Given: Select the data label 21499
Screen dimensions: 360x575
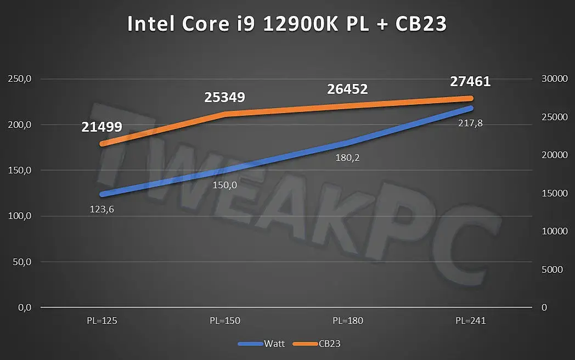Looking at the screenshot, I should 102,127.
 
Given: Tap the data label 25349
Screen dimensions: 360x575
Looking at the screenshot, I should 224,98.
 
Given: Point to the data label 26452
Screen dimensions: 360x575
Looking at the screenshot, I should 347,89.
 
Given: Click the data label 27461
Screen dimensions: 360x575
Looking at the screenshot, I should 470,82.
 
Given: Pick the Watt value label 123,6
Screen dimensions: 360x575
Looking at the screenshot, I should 103,209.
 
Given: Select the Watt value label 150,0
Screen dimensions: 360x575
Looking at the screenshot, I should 225,185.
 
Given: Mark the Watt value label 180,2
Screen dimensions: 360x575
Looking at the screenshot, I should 347,158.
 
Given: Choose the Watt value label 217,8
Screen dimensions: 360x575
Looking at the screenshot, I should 470,123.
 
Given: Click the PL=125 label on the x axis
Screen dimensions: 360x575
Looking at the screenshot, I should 102,320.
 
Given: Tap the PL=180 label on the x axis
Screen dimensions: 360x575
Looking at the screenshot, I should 347,320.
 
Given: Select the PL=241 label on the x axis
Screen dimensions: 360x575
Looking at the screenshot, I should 470,320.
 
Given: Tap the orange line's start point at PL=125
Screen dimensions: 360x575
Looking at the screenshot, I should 103,144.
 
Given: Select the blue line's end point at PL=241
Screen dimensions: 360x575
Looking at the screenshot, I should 470,108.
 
